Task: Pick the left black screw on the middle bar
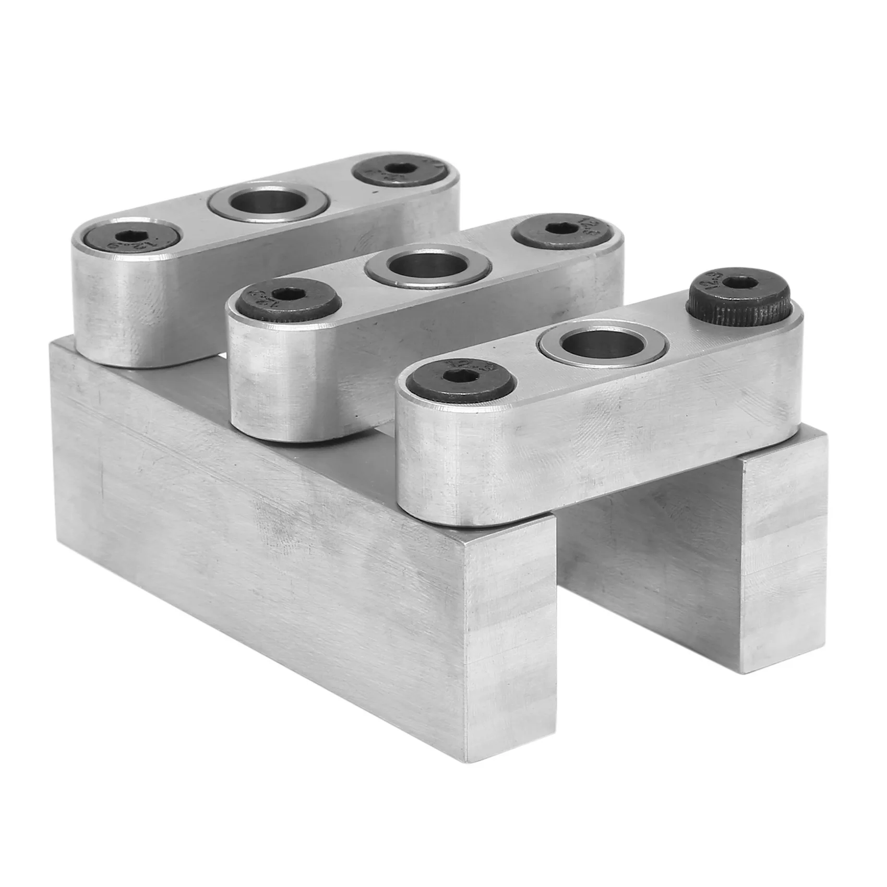click(282, 299)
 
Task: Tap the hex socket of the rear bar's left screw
click(127, 239)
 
